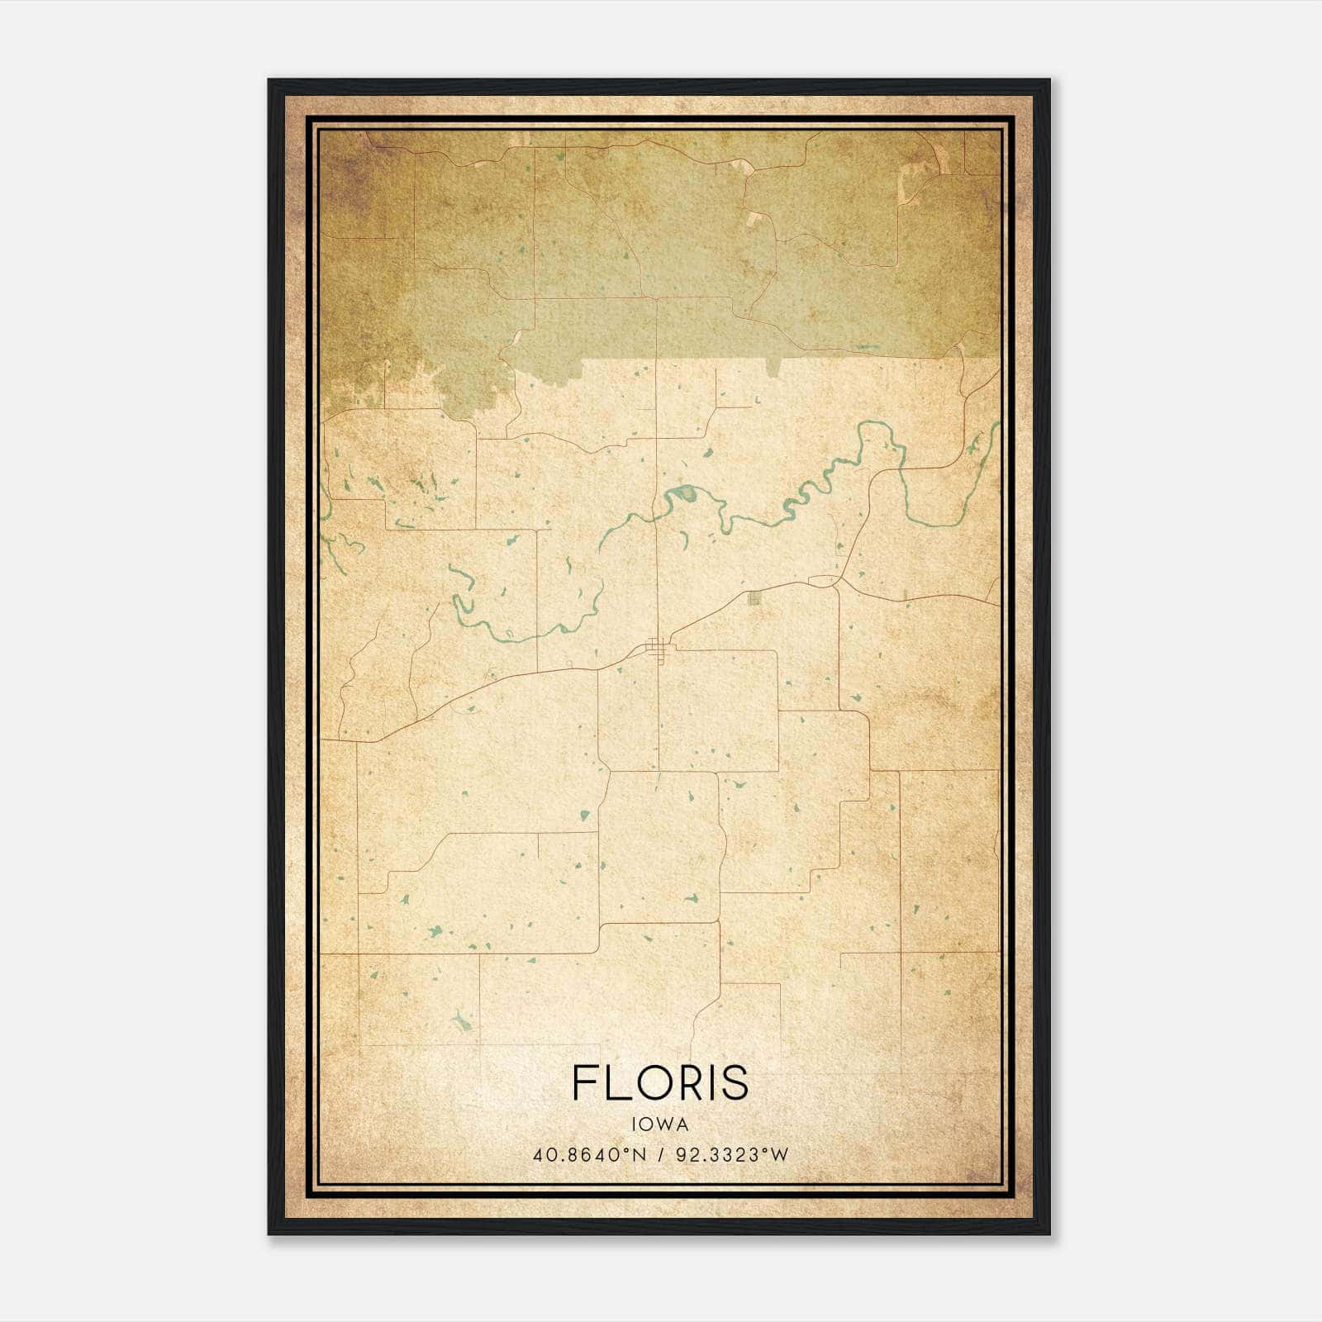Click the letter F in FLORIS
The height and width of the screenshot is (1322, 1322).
point(584,1082)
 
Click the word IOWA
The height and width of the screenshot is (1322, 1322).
point(659,1125)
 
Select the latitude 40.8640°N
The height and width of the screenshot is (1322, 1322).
point(589,1155)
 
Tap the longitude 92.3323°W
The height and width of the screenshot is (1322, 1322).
point(731,1155)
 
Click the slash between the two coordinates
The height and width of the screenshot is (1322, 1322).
point(661,1155)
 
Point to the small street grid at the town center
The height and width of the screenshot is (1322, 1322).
point(658,649)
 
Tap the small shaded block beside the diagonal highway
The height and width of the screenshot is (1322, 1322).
point(754,598)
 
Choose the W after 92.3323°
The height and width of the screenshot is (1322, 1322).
point(780,1155)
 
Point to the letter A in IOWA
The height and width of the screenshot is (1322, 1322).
point(682,1125)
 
